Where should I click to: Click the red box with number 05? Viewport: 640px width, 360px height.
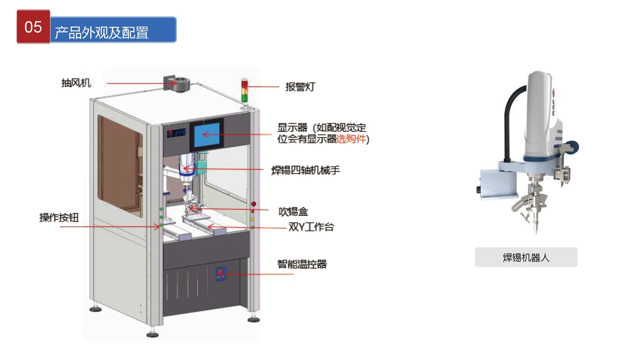[33, 27]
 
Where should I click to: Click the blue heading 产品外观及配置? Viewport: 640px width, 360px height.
[113, 30]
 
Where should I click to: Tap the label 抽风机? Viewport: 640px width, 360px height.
[76, 83]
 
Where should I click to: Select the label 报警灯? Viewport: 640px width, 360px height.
[300, 87]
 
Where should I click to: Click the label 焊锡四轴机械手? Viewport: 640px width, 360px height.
[306, 170]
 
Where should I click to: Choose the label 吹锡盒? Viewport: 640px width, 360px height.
[293, 212]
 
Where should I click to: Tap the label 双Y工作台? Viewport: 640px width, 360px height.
[311, 227]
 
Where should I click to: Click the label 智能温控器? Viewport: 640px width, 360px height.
[302, 264]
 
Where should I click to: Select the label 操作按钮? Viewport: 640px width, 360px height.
[59, 218]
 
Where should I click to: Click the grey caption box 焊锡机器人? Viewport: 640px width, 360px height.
[526, 257]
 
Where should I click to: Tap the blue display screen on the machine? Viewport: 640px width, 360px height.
[207, 135]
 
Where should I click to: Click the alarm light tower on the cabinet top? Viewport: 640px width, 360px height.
[244, 91]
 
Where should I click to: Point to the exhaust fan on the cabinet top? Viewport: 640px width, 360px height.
[177, 84]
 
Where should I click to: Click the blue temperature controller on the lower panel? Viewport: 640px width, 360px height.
[221, 274]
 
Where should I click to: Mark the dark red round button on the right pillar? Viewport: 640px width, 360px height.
[254, 204]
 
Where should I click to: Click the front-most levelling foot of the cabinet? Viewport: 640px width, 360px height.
[153, 335]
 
